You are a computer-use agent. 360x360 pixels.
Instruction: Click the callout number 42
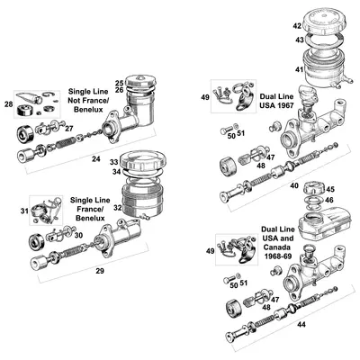pos(298,28)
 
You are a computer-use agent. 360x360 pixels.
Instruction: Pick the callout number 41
pos(298,69)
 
